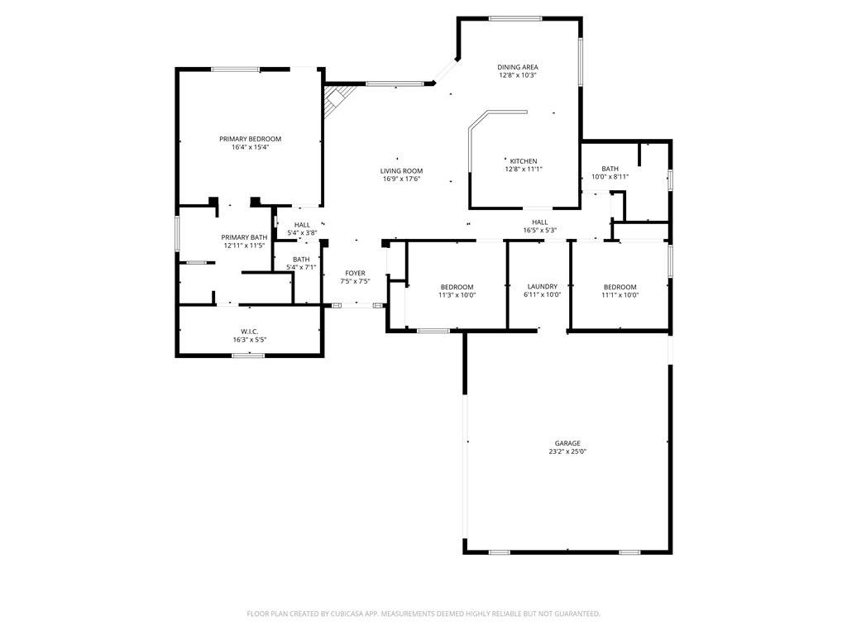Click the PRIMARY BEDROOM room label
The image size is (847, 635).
pos(250,139)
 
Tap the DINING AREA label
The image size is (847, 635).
pos(518,68)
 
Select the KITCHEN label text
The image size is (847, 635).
pos(524,161)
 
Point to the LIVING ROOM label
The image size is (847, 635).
pos(401,171)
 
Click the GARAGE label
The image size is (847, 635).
pos(567,443)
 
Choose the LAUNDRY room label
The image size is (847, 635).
pos(543,287)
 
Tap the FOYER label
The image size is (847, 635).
pos(355,273)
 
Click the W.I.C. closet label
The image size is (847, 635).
pos(250,332)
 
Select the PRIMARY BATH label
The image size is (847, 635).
pos(244,237)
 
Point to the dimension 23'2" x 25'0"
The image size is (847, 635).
pos(567,451)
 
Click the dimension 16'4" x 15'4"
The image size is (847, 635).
pos(250,147)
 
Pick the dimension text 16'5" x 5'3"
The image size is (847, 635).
pos(539,230)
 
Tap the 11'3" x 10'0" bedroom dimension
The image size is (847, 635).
pos(457,295)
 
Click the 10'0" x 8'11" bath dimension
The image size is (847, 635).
pos(610,177)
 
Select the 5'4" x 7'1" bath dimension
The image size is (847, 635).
pos(301,267)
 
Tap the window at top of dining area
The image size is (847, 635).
pos(515,19)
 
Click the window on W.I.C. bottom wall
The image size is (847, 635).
pos(248,356)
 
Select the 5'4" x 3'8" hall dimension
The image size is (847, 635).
pos(302,232)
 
